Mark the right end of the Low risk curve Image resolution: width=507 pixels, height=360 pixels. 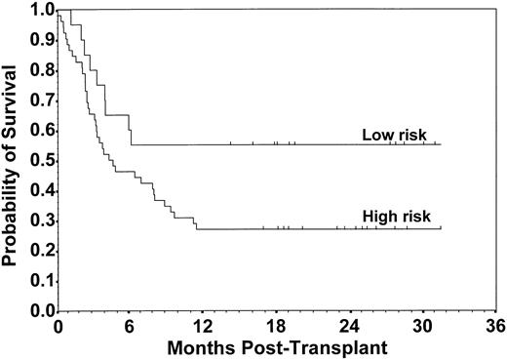pos(441,144)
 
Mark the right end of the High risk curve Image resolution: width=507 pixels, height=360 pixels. pos(441,228)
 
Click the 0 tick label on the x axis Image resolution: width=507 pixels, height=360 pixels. pos(58,325)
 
